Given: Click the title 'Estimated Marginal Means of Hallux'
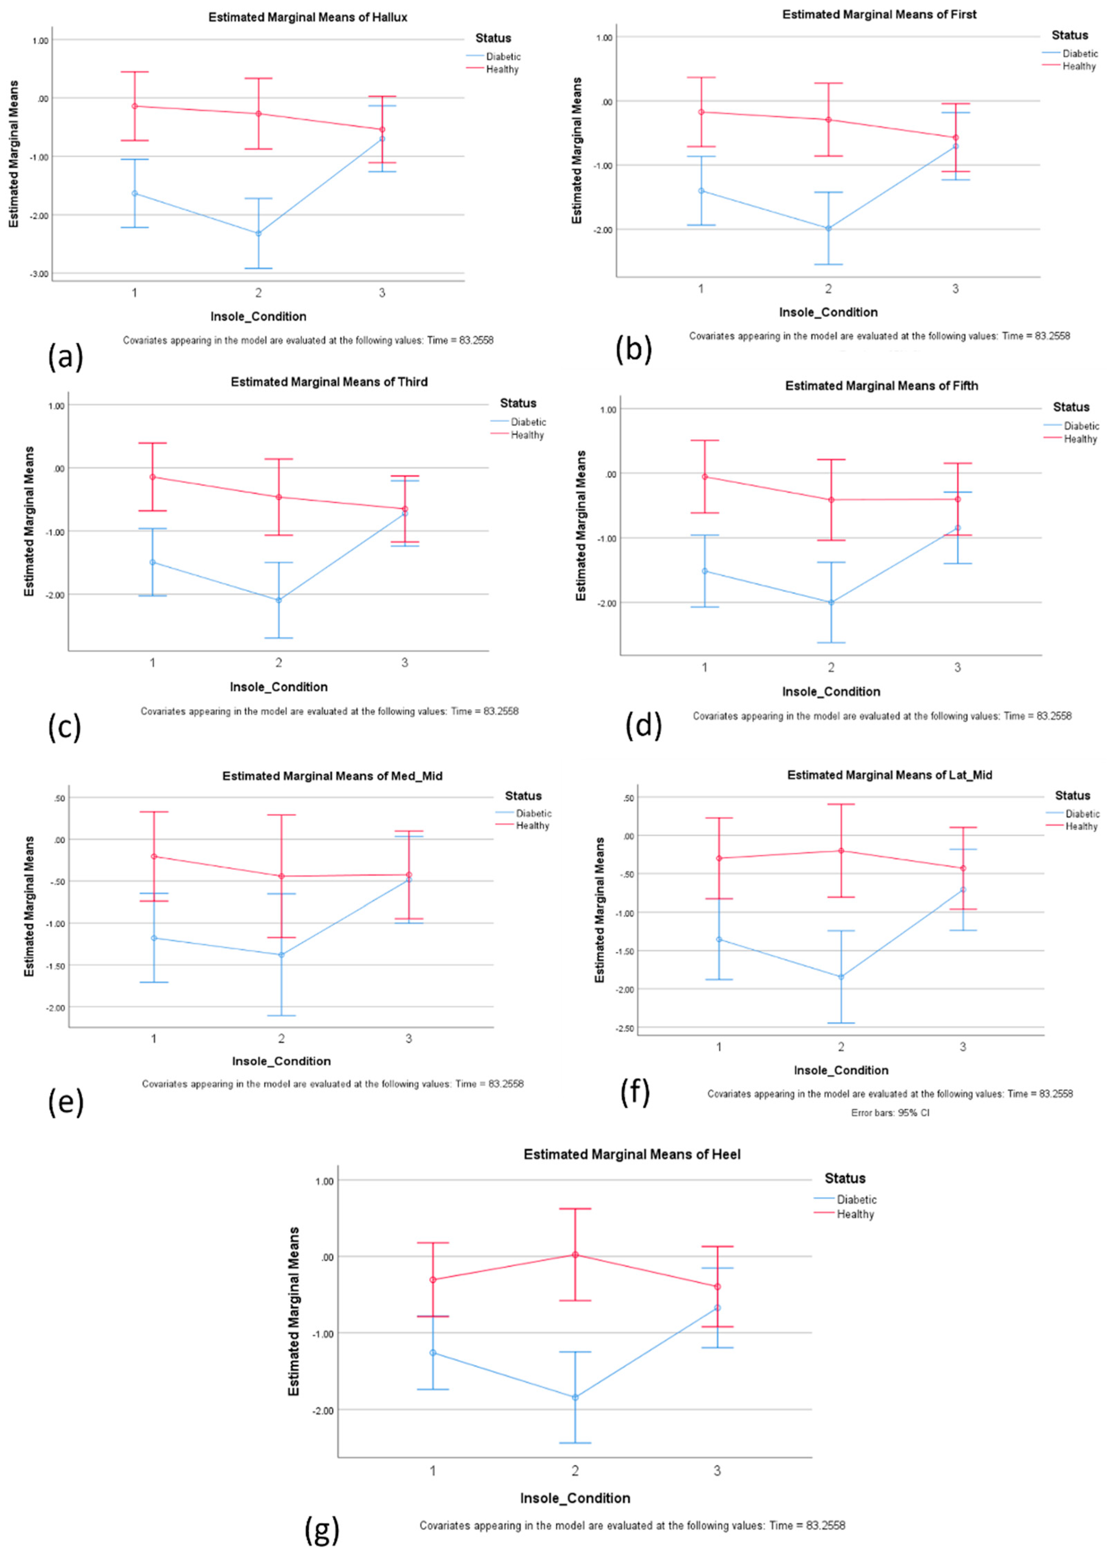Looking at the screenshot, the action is [x=308, y=18].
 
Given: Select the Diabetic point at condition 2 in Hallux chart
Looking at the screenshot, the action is [x=258, y=233].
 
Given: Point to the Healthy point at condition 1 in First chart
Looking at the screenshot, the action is [x=701, y=112].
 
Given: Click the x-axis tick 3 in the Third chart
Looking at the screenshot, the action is [x=405, y=663].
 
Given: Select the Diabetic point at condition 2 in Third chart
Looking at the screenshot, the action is [x=279, y=600].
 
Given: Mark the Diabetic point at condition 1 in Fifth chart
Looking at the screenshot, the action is [x=705, y=571].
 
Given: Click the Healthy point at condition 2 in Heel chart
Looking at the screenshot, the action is [x=575, y=1254].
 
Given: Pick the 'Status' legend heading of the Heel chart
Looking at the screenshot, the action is [x=845, y=1178].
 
